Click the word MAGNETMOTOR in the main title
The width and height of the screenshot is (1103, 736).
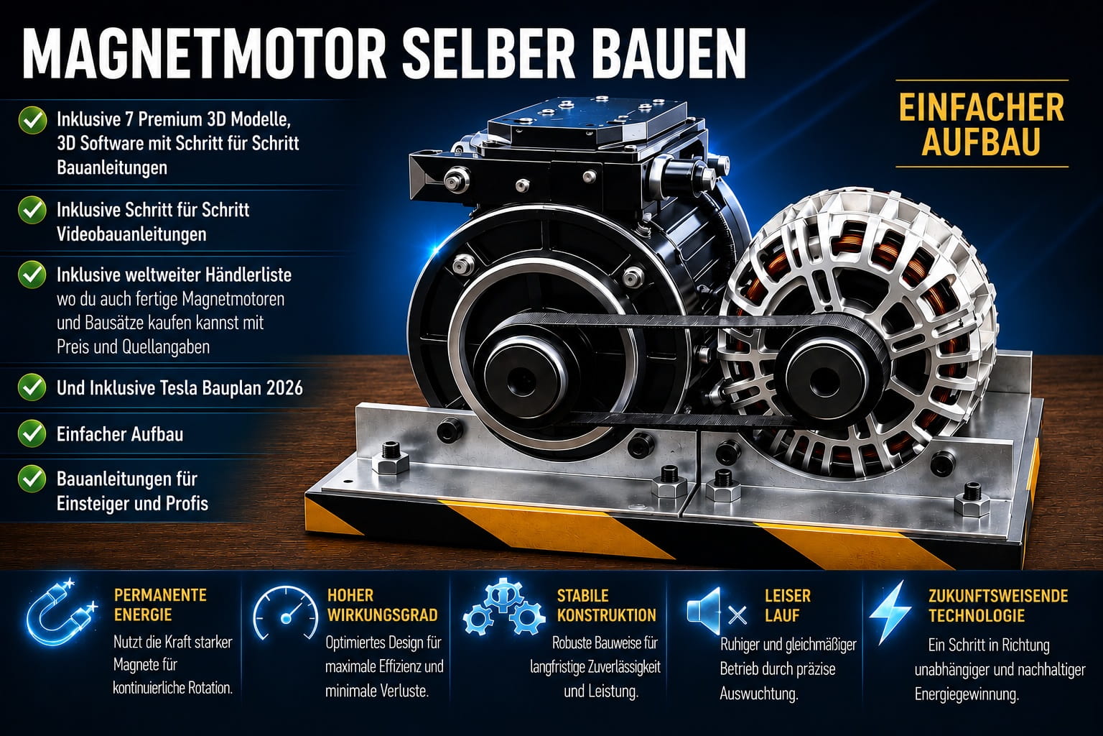click(204, 54)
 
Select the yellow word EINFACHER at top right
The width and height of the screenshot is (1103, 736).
click(982, 109)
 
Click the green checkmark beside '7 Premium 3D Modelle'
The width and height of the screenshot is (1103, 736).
click(32, 120)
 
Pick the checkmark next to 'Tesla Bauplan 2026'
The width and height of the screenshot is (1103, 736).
click(32, 387)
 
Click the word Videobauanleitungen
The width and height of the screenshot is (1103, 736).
click(131, 234)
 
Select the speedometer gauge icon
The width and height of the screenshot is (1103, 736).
click(285, 613)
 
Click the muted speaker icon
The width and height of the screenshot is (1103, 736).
click(717, 611)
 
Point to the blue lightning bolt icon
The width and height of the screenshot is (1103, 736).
click(890, 613)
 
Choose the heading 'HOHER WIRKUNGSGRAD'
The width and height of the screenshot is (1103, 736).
click(382, 605)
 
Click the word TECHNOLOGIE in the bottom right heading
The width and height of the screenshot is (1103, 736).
click(977, 616)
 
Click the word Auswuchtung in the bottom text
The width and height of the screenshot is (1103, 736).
click(759, 694)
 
